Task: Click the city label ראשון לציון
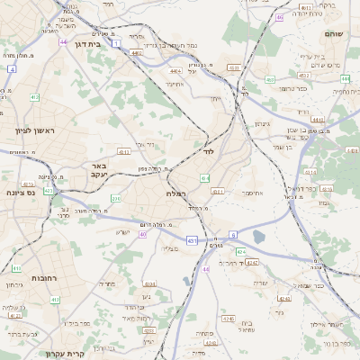coord(35,131)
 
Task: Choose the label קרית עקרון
coord(64,353)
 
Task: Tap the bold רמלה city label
coord(176,194)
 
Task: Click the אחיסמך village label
coord(251,193)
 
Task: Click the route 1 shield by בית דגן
coord(116,41)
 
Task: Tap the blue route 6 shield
coord(232,234)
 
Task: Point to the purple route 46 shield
coord(280,17)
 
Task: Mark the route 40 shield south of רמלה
coord(143,234)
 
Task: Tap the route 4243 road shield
coord(252,263)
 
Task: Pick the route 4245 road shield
coord(228,317)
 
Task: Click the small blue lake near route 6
coord(259,237)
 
